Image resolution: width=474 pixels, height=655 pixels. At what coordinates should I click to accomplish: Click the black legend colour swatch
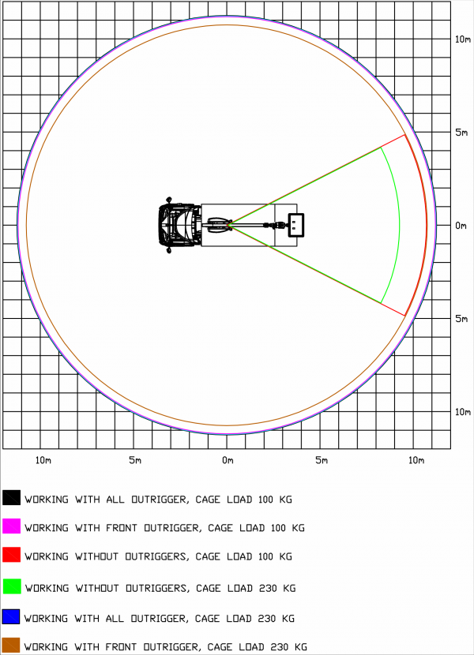(11, 497)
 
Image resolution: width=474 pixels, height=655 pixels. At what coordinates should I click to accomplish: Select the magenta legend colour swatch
(11, 526)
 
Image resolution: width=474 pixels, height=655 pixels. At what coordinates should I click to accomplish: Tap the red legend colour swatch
(11, 554)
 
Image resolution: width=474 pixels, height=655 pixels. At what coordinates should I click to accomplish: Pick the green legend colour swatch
(11, 586)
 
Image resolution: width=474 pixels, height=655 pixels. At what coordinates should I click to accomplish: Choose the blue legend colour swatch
(11, 616)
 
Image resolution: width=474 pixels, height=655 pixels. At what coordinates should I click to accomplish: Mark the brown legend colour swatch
(11, 645)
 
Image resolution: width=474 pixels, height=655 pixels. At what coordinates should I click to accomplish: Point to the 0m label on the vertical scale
(461, 226)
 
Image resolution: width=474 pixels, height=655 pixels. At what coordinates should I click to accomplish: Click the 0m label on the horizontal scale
(228, 460)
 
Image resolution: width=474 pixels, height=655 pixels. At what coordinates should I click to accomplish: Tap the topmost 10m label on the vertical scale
(463, 39)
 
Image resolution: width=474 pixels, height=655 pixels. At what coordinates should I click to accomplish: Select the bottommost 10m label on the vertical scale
(463, 412)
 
